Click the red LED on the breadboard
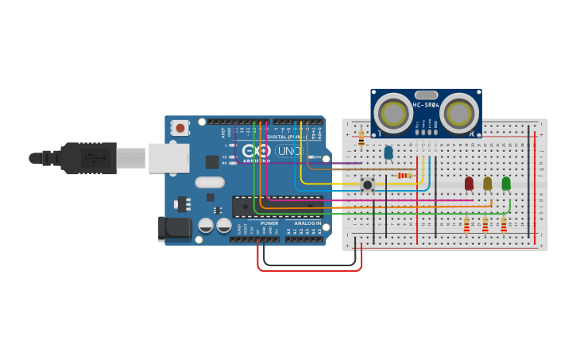[x=469, y=184]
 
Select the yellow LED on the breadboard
[x=487, y=184]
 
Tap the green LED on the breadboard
[x=506, y=184]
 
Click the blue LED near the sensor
[x=389, y=152]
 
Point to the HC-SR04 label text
[x=426, y=105]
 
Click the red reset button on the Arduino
[x=180, y=127]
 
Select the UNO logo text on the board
[x=288, y=151]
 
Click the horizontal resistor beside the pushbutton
[x=404, y=175]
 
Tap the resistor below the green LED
[x=504, y=226]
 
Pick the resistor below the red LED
[x=466, y=226]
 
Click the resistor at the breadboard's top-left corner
[x=361, y=138]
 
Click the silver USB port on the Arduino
[x=168, y=157]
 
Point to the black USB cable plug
[x=87, y=157]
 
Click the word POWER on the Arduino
[x=269, y=223]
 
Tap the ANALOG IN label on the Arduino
[x=308, y=223]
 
